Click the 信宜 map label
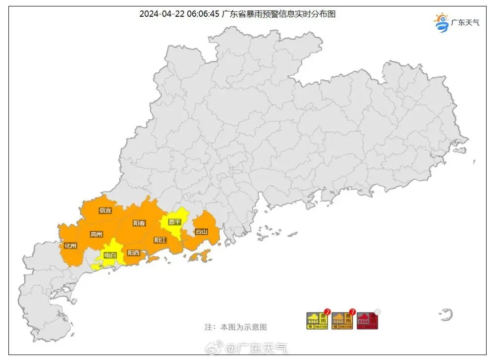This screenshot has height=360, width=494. pyautogui.click(x=105, y=210)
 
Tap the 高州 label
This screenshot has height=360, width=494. pyautogui.click(x=96, y=234)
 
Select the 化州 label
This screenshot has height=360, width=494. pyautogui.click(x=70, y=245)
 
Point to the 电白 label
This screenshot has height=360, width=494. pyautogui.click(x=110, y=256)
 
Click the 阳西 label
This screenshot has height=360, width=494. pyautogui.click(x=133, y=253)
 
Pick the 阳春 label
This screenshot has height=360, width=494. pyautogui.click(x=139, y=223)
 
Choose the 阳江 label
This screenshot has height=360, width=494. pyautogui.click(x=160, y=240)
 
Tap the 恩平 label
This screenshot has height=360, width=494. pyautogui.click(x=174, y=222)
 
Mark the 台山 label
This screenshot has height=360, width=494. pyautogui.click(x=201, y=231)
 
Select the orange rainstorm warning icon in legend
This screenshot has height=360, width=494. pyautogui.click(x=341, y=321)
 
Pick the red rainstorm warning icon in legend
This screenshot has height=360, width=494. pyautogui.click(x=367, y=321)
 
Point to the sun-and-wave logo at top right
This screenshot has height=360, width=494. pyautogui.click(x=441, y=23)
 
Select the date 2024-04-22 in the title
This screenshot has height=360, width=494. pyautogui.click(x=163, y=14)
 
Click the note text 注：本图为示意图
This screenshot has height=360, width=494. pyautogui.click(x=236, y=327)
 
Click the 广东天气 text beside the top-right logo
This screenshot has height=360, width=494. pyautogui.click(x=465, y=23)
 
